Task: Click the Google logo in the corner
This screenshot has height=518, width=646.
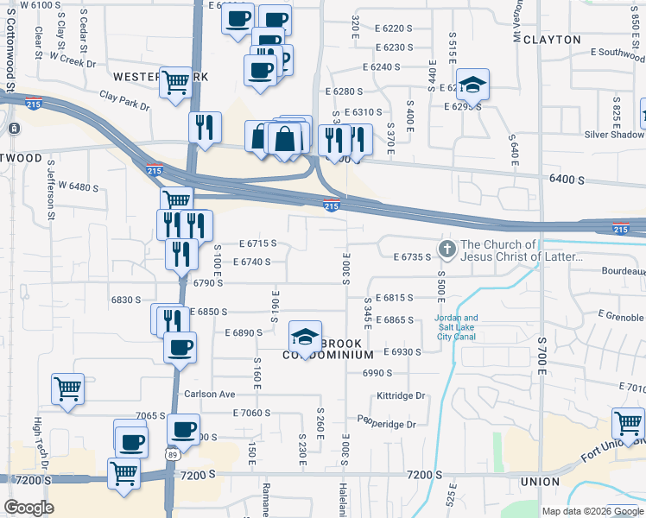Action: pyautogui.click(x=28, y=508)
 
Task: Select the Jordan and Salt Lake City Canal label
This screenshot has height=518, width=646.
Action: pyautogui.click(x=455, y=327)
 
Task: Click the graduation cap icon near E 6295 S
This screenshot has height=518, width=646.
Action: pyautogui.click(x=472, y=85)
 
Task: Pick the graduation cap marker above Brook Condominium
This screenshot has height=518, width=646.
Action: pyautogui.click(x=305, y=337)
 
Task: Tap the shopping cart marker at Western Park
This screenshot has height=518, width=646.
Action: pyautogui.click(x=175, y=83)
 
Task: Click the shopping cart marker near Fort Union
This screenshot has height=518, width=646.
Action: pyautogui.click(x=628, y=424)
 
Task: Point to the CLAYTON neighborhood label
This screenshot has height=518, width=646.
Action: pyautogui.click(x=552, y=40)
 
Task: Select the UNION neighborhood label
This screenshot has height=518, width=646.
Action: pyautogui.click(x=541, y=481)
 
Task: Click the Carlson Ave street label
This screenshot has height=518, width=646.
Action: pyautogui.click(x=210, y=394)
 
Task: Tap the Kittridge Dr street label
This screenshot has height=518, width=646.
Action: pyautogui.click(x=402, y=396)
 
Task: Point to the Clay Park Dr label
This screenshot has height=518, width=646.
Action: pyautogui.click(x=124, y=101)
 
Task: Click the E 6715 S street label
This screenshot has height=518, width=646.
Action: pyautogui.click(x=257, y=243)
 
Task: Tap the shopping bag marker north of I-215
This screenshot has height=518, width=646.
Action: pyautogui.click(x=284, y=138)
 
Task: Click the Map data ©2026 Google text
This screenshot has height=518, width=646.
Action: pyautogui.click(x=592, y=511)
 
